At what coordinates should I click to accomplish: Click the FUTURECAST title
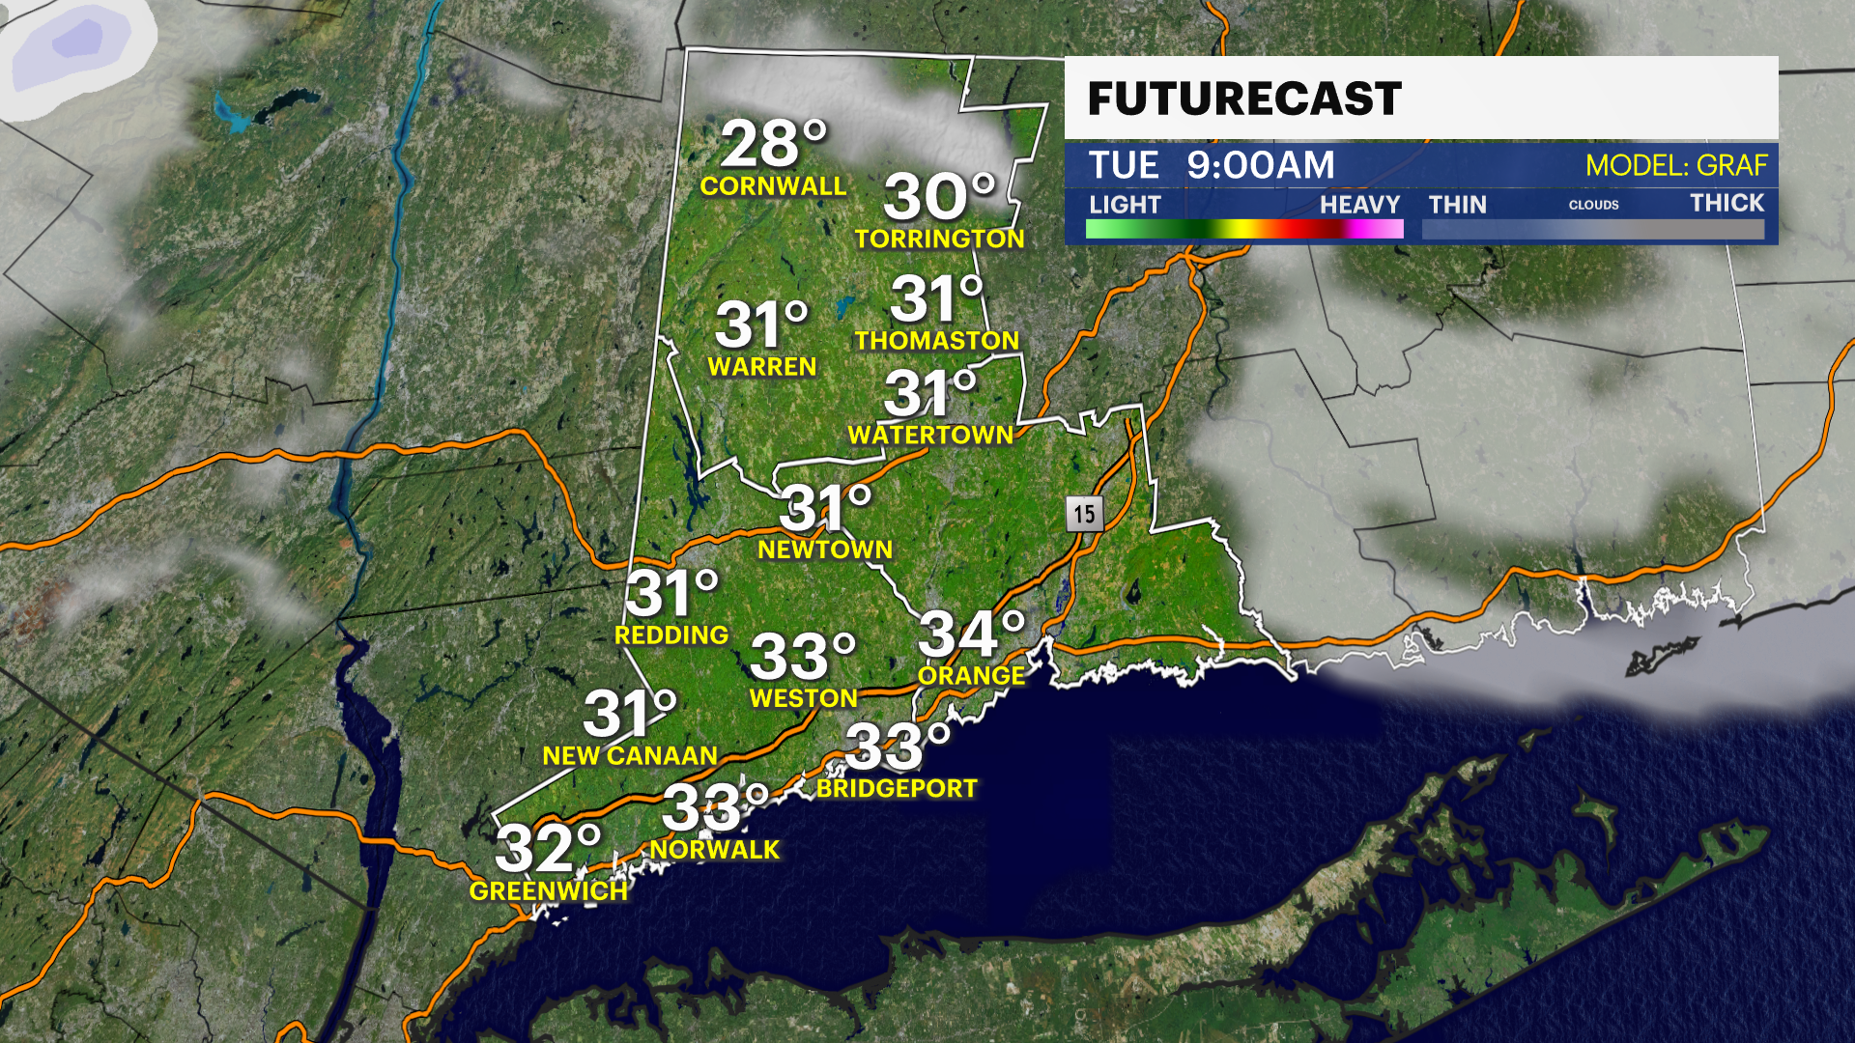pos(1244,99)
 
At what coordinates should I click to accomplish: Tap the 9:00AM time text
pos(1261,165)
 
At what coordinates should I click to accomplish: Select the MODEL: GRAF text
pos(1676,165)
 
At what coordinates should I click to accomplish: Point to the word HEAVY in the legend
pos(1359,205)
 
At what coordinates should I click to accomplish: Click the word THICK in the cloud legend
pos(1727,203)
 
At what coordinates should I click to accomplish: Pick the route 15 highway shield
pos(1084,514)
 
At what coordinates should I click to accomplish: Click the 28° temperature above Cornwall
pos(773,145)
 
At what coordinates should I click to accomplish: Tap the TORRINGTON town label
pos(939,239)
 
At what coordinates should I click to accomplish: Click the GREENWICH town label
pos(549,890)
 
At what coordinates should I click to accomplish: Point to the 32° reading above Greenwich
pos(547,848)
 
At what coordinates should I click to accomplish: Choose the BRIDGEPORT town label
pos(897,788)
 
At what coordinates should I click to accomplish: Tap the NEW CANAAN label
pos(630,755)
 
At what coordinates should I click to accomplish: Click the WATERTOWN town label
pos(930,435)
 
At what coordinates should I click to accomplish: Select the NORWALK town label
pos(715,849)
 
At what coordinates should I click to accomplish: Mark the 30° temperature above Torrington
pos(938,197)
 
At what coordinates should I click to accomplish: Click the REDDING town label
pos(671,634)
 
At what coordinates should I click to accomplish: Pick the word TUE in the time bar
pos(1123,165)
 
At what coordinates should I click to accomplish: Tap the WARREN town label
pos(762,366)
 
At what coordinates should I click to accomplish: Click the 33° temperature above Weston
pos(802,657)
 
